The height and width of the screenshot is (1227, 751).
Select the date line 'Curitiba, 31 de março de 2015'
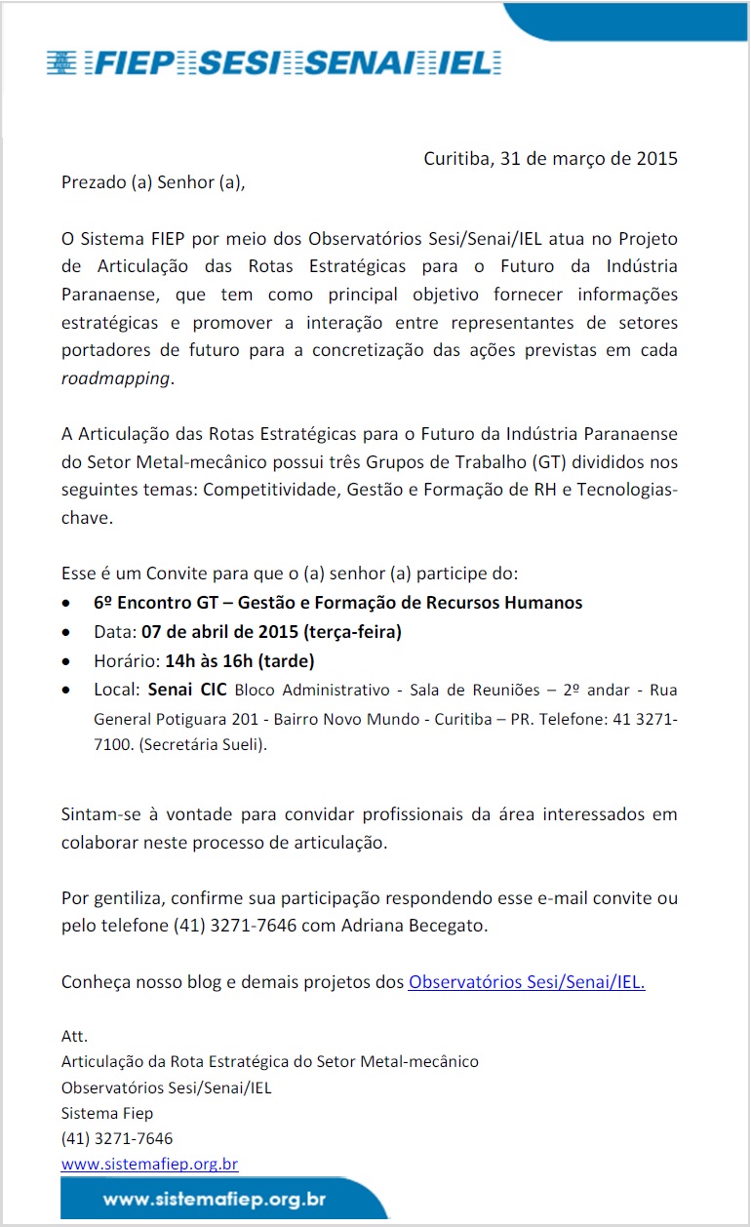coord(550,158)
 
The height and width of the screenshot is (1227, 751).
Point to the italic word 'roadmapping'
coord(115,378)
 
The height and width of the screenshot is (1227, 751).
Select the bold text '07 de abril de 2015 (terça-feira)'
coord(265,632)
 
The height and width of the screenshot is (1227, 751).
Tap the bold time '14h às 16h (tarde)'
coord(240,661)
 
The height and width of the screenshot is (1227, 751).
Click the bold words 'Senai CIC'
coord(187,691)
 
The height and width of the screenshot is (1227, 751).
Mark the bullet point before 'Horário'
coord(65,661)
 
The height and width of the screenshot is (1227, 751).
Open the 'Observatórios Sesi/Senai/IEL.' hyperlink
coord(527,982)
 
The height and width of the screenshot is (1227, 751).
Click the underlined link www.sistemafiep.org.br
coord(149,1164)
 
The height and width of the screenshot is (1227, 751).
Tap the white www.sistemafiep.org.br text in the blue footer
coord(215,1199)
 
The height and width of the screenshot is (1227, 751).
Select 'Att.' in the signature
coord(74,1036)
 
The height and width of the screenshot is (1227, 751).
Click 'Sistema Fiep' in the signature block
coord(107,1113)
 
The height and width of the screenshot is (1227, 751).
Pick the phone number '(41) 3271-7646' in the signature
coord(117,1138)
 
